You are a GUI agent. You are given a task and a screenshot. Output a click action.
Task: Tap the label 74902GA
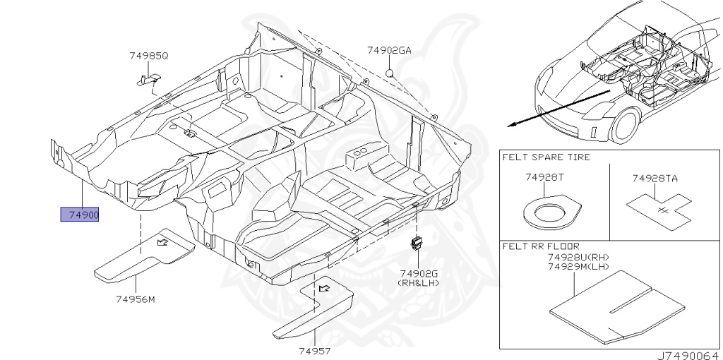388,50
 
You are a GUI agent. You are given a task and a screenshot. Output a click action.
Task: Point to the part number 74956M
135,299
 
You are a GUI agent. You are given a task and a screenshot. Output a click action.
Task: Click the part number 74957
314,350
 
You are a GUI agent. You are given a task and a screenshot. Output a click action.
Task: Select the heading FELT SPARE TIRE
546,157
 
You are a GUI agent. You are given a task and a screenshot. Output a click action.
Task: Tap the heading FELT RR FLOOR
540,246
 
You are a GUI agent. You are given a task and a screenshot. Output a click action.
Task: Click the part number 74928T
544,178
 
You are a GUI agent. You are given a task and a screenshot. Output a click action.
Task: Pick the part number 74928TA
654,179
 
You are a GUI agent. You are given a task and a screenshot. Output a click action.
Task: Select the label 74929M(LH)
578,266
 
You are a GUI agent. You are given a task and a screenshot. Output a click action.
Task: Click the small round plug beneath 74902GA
389,73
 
